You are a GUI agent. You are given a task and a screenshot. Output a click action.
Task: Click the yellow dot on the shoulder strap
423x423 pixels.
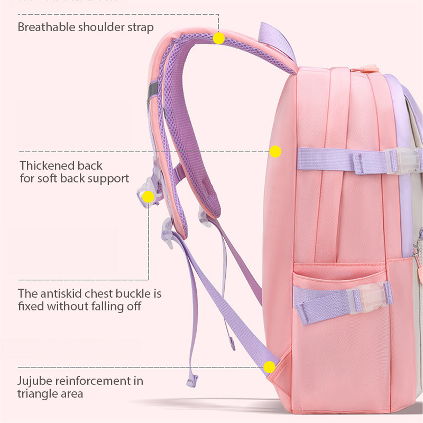pyautogui.click(x=218, y=38)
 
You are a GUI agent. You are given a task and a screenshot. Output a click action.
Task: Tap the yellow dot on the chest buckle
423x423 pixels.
pyautogui.click(x=148, y=197)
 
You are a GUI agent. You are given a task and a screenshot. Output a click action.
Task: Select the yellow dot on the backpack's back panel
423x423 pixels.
pyautogui.click(x=275, y=151)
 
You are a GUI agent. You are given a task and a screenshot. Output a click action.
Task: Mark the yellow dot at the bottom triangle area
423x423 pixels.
pyautogui.click(x=269, y=367)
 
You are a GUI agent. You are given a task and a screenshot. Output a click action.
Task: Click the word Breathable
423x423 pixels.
pyautogui.click(x=47, y=27)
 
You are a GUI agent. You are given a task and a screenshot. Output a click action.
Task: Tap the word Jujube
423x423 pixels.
pyautogui.click(x=34, y=381)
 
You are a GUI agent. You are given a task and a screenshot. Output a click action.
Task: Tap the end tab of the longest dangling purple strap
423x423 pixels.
pyautogui.click(x=192, y=381)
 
